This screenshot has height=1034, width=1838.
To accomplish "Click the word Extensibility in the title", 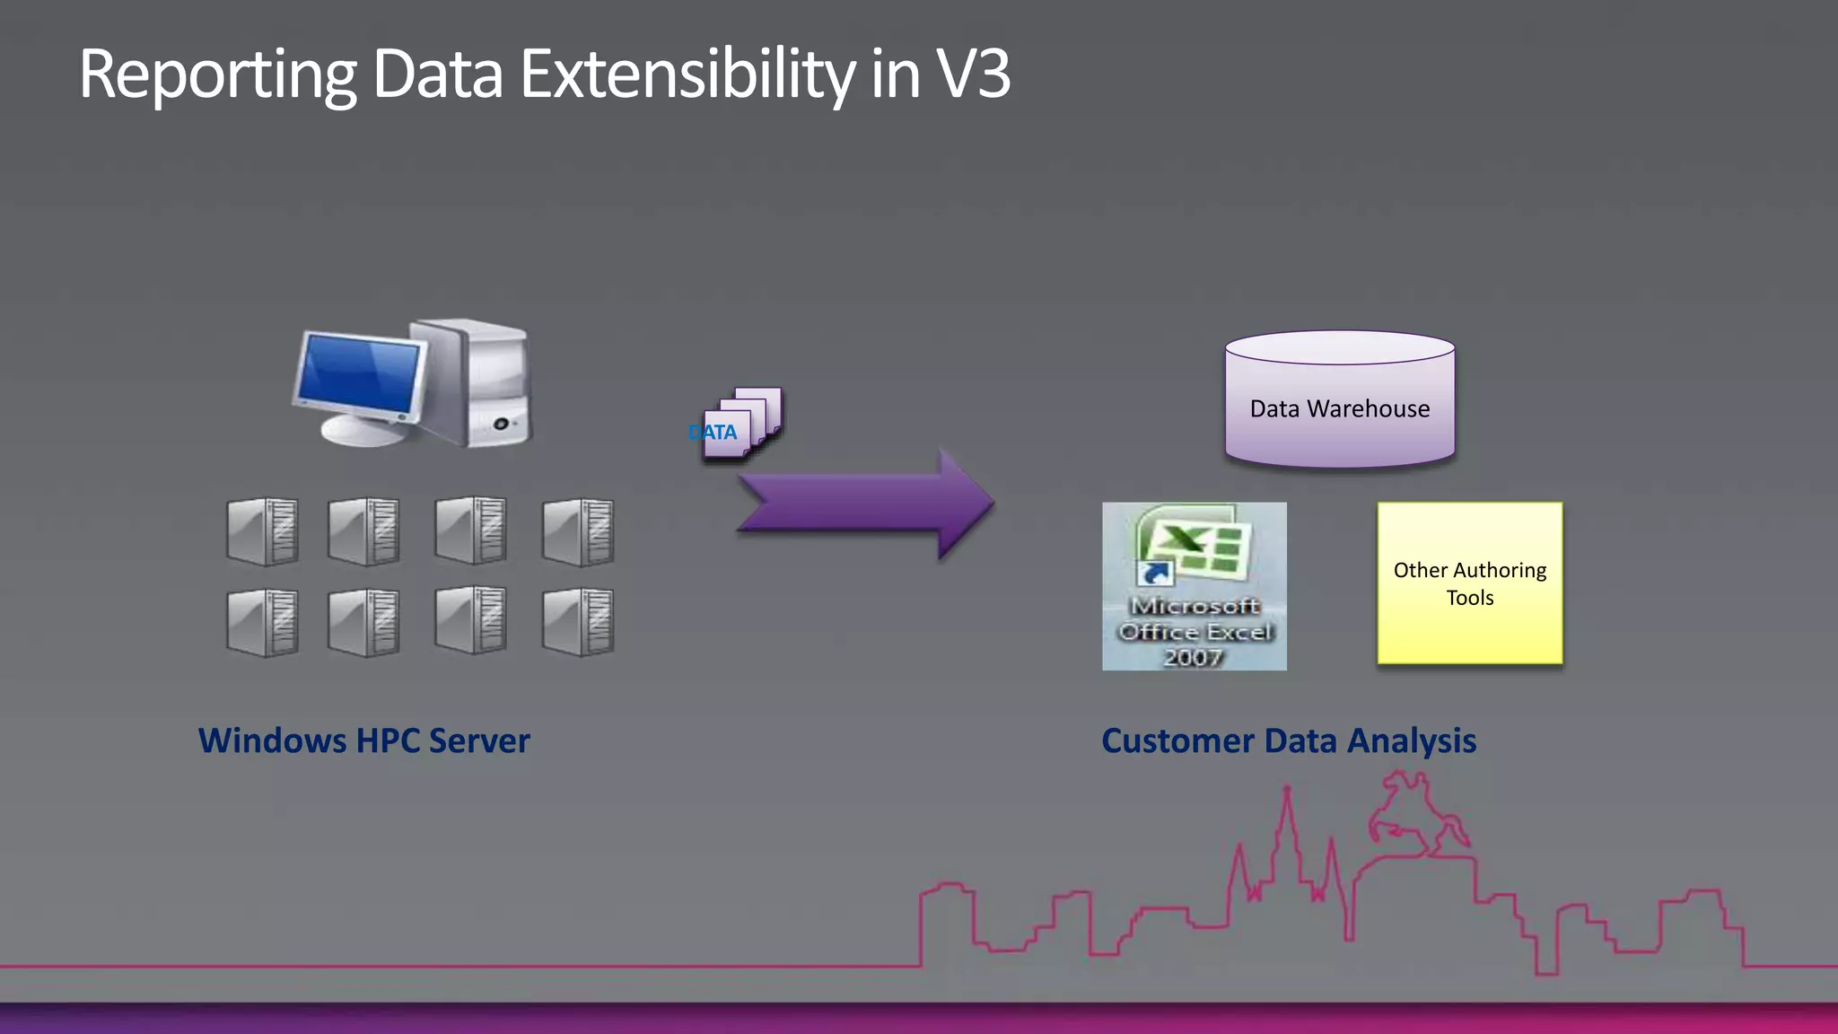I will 687,74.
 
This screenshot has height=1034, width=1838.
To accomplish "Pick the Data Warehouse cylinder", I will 1339,399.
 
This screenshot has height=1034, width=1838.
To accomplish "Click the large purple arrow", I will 867,504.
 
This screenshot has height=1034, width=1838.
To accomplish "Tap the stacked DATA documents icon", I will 741,424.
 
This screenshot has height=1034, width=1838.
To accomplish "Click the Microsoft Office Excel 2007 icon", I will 1194,585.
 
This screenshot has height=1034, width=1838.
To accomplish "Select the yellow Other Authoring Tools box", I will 1469,583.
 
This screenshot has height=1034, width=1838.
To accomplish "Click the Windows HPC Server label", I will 363,740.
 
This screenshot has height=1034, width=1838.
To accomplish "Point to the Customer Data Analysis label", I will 1288,740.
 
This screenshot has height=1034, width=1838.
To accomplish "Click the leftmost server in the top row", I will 262,531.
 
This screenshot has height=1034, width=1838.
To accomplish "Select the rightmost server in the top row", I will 579,531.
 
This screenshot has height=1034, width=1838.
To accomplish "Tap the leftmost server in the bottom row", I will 262,622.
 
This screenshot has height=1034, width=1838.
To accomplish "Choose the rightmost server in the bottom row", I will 579,622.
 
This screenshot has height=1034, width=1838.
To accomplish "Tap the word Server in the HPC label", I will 479,740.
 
